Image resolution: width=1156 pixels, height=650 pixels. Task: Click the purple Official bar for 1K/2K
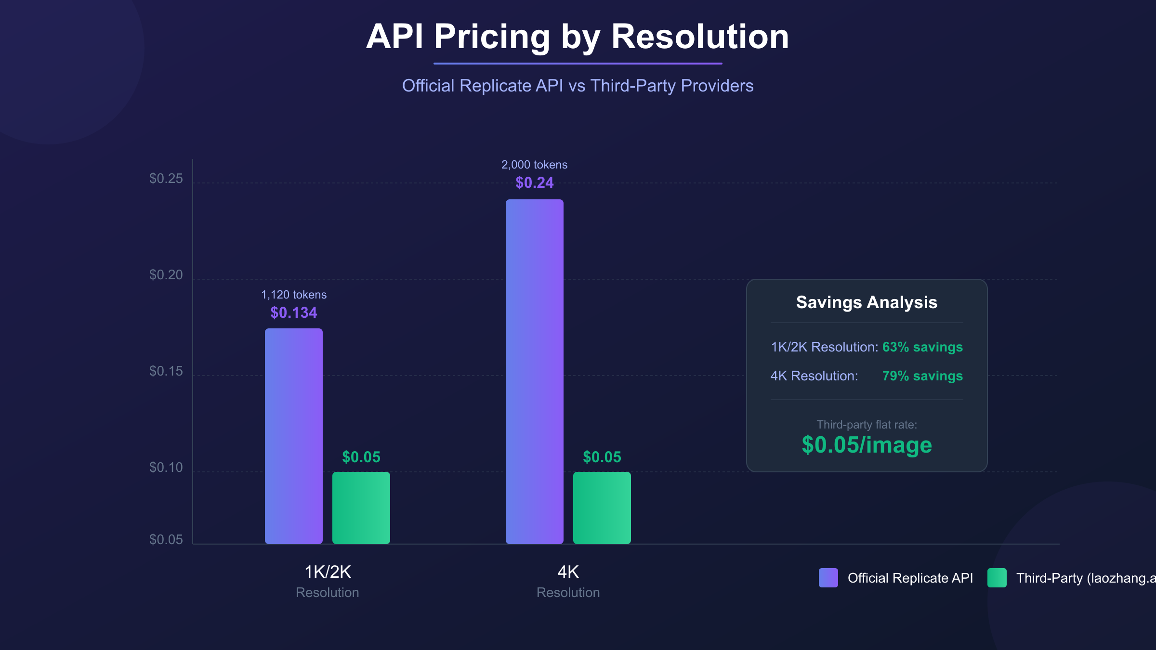[294, 436]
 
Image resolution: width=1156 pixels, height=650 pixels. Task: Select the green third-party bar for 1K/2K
[361, 508]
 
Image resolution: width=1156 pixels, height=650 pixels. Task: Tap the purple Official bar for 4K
[535, 371]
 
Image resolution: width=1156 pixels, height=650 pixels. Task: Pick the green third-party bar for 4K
[602, 508]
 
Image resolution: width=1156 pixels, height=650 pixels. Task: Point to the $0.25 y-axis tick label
[166, 179]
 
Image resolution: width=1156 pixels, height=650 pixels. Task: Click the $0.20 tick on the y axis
[166, 275]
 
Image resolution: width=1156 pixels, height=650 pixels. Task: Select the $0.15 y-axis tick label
[166, 371]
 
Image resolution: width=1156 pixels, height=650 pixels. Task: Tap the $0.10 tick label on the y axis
[166, 468]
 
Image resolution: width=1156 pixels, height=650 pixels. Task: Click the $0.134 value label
[294, 313]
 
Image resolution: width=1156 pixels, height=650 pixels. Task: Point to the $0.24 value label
[535, 183]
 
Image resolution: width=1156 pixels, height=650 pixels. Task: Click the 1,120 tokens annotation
[294, 295]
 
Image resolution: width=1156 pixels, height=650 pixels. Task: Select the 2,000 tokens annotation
[535, 165]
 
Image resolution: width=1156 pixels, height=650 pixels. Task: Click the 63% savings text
[922, 347]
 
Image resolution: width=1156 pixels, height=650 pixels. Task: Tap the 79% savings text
[922, 376]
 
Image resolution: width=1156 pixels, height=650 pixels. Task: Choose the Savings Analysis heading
[867, 302]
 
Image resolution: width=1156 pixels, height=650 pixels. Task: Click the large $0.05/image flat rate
[867, 445]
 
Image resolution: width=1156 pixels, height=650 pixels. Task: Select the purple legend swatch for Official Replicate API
[828, 578]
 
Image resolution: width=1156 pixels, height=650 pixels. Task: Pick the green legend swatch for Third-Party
[997, 578]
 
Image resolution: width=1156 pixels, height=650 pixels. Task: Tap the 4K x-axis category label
[568, 572]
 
